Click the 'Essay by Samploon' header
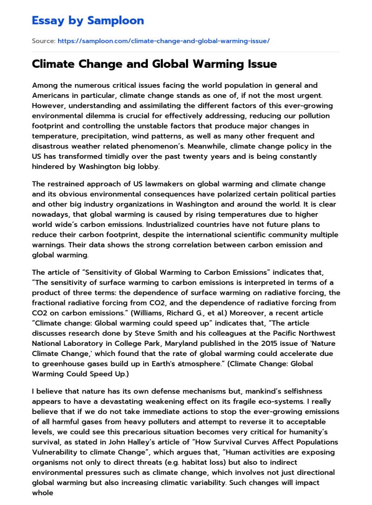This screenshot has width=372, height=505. tap(88, 20)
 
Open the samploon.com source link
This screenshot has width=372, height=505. tap(163, 41)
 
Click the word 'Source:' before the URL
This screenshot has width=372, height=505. tap(43, 41)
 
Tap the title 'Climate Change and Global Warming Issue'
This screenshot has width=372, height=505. tap(154, 64)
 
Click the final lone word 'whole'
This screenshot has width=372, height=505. tap(43, 493)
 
